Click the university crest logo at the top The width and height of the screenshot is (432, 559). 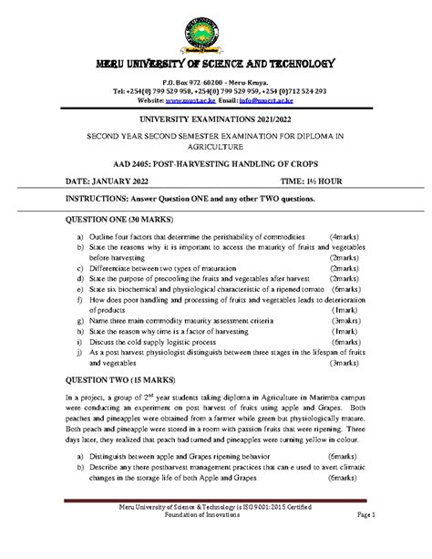click(x=216, y=27)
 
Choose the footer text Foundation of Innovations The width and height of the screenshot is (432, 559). click(x=216, y=540)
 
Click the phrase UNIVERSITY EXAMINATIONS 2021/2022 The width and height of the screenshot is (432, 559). click(x=216, y=120)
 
